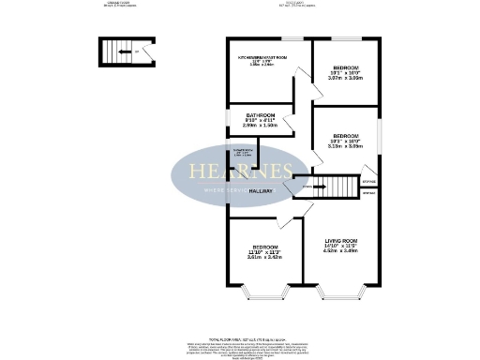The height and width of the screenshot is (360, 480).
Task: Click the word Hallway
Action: point(262,191)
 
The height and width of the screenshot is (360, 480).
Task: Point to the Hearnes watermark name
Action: point(241,172)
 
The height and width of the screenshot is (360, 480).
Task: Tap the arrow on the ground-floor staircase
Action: point(125,52)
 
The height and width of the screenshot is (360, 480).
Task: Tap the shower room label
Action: point(242,152)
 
